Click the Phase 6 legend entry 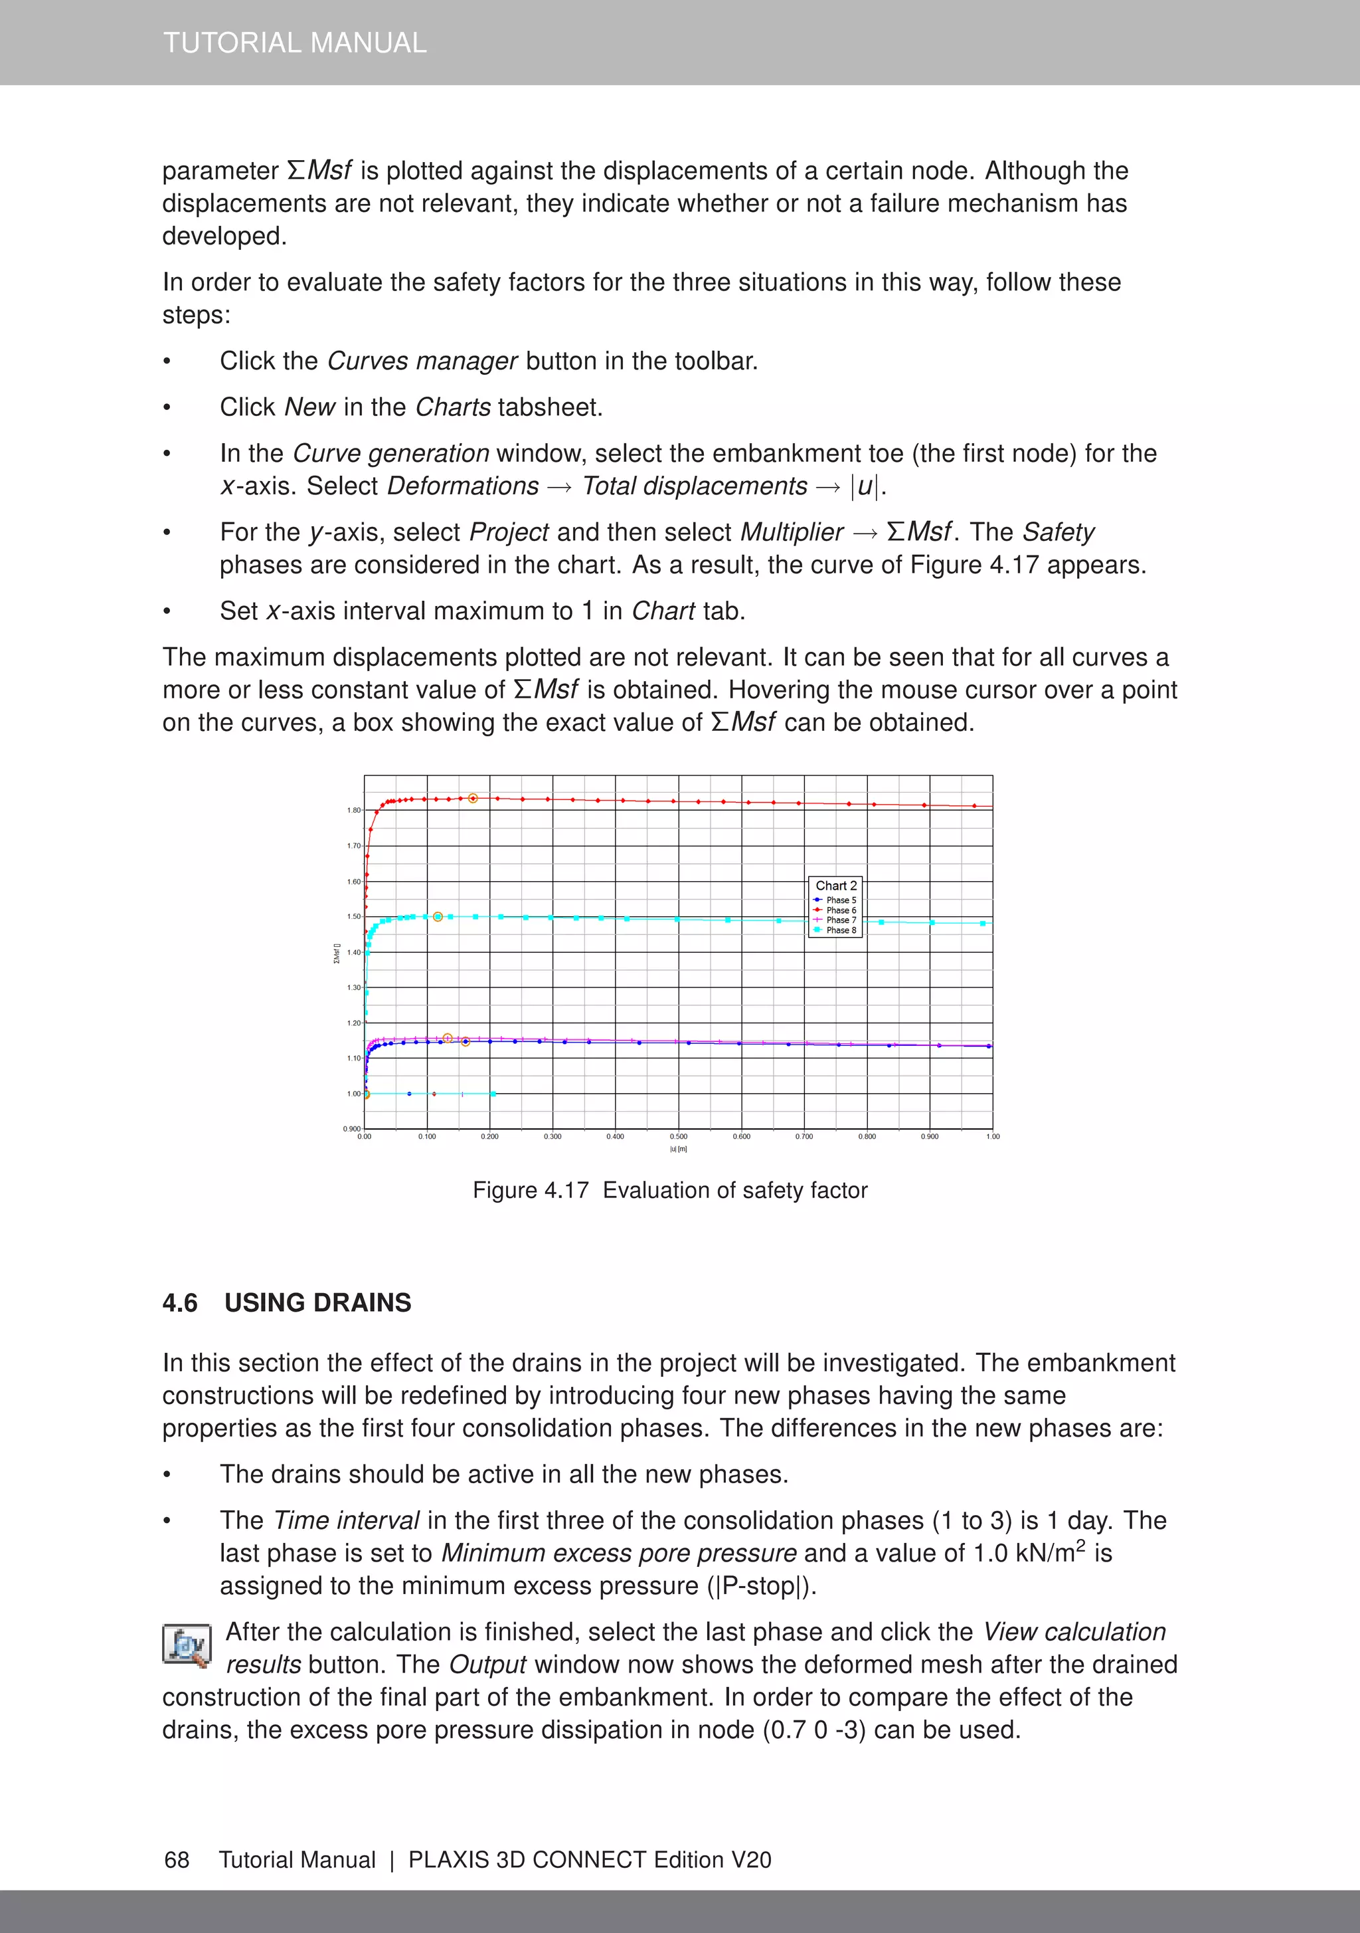pyautogui.click(x=840, y=910)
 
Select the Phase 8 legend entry pyautogui.click(x=840, y=930)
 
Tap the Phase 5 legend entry pyautogui.click(x=840, y=900)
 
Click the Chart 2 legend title pyautogui.click(x=835, y=886)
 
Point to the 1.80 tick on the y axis pyautogui.click(x=353, y=810)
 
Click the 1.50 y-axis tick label pyautogui.click(x=353, y=916)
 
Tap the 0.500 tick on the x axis pyautogui.click(x=678, y=1136)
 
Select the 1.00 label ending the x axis pyautogui.click(x=992, y=1136)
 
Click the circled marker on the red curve pyautogui.click(x=473, y=798)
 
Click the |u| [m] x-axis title pyautogui.click(x=678, y=1149)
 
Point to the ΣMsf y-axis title pyautogui.click(x=337, y=953)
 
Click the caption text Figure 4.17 pyautogui.click(x=530, y=1191)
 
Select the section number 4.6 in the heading pyautogui.click(x=179, y=1303)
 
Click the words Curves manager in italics pyautogui.click(x=422, y=361)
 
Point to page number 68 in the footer pyautogui.click(x=177, y=1860)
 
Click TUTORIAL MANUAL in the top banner pyautogui.click(x=295, y=42)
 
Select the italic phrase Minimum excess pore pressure pyautogui.click(x=618, y=1554)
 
